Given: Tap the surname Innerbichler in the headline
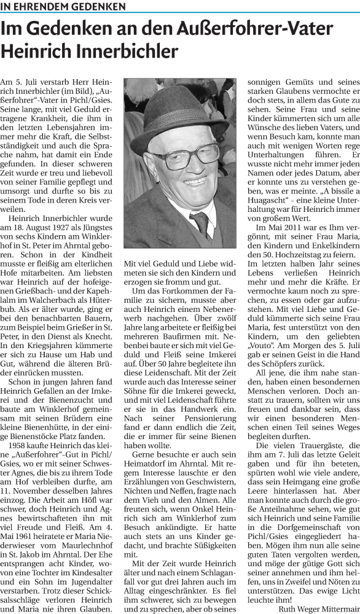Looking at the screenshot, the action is (123, 50).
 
